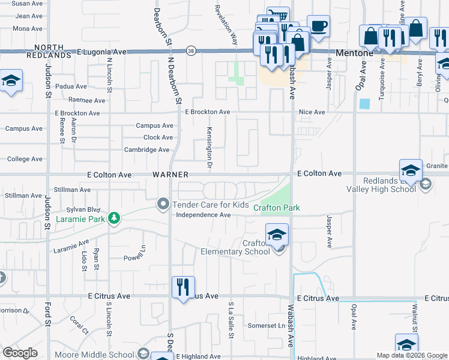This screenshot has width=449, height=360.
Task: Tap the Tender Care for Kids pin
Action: pyautogui.click(x=162, y=205)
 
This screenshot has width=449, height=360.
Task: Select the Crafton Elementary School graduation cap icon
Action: pyautogui.click(x=277, y=234)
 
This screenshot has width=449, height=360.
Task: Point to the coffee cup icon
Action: pyautogui.click(x=318, y=26)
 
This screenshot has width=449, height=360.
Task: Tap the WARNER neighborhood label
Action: pyautogui.click(x=170, y=175)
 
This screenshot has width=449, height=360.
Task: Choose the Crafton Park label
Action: pyautogui.click(x=276, y=208)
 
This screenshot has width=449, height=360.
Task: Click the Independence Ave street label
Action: pyautogui.click(x=203, y=215)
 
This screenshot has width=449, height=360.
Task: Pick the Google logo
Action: pyautogui.click(x=20, y=353)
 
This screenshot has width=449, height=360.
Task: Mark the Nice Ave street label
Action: pyautogui.click(x=312, y=112)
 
